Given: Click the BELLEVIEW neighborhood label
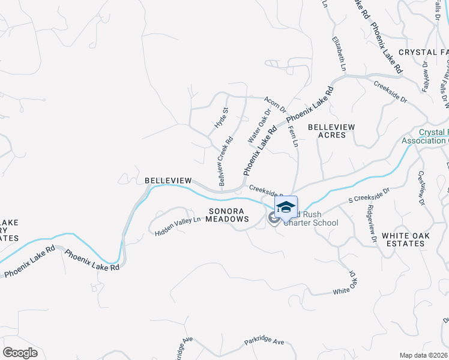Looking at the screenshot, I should [x=168, y=181].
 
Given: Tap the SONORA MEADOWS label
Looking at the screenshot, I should [x=229, y=215].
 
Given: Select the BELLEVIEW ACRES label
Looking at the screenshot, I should [x=331, y=131].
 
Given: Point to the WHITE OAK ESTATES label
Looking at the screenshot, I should [x=406, y=240].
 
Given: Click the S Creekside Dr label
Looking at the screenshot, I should [x=369, y=196].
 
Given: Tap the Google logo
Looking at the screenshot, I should [x=20, y=353].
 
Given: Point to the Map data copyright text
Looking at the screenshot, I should [x=424, y=355].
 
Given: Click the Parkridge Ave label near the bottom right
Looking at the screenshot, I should [x=264, y=341].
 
